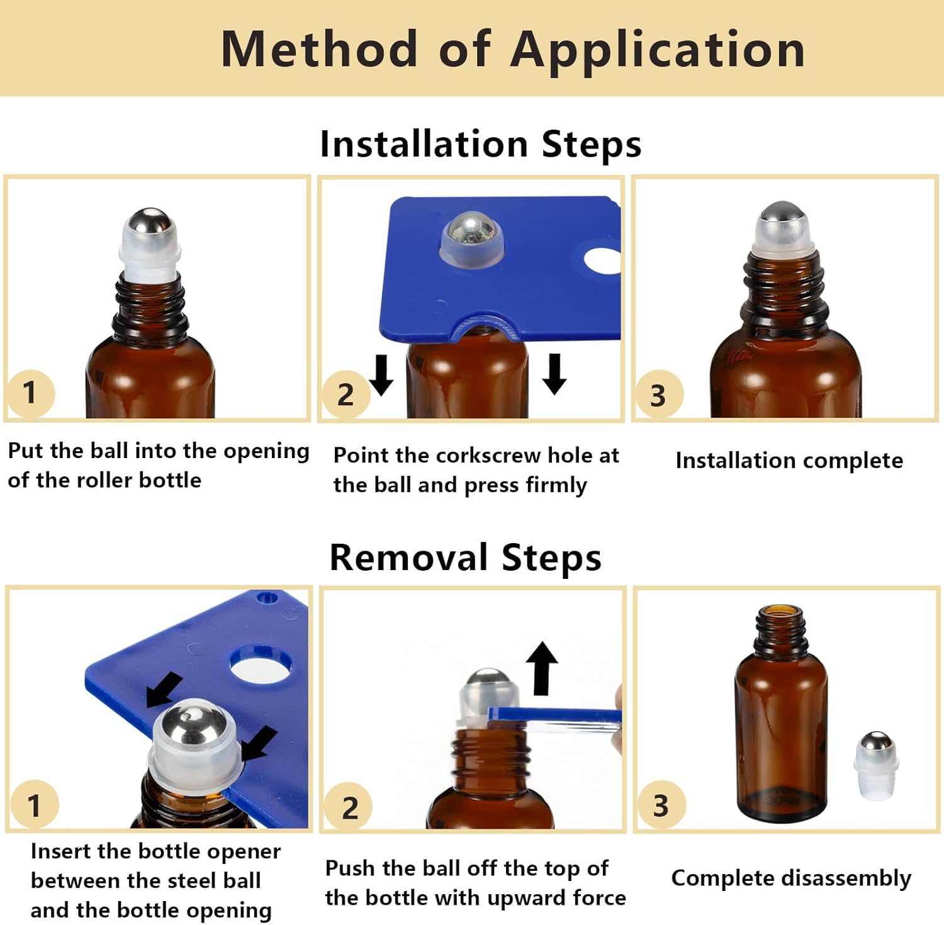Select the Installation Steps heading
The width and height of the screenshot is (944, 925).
pyautogui.click(x=480, y=144)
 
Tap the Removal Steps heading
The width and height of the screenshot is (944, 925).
pyautogui.click(x=465, y=558)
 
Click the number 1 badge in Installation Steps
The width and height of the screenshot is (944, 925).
pyautogui.click(x=30, y=393)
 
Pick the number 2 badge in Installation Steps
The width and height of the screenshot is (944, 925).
pyautogui.click(x=346, y=395)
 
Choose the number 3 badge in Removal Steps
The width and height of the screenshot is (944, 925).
pyautogui.click(x=660, y=806)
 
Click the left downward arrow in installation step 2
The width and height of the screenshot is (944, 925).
pyautogui.click(x=381, y=375)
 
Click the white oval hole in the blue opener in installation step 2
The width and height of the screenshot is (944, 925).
pyautogui.click(x=603, y=261)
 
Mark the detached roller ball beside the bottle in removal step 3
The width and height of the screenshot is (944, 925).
pyautogui.click(x=875, y=764)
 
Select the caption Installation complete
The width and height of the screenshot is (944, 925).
pyautogui.click(x=789, y=461)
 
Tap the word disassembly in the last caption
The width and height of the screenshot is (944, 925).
pyautogui.click(x=846, y=878)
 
